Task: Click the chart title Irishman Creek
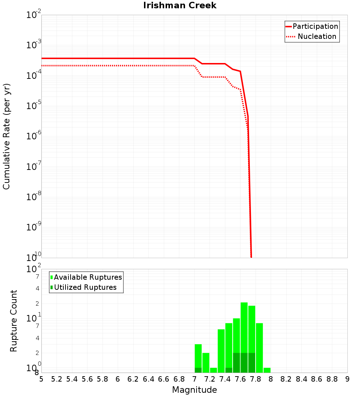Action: pos(180,5)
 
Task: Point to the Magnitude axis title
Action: pos(194,390)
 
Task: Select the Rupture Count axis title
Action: pos(14,321)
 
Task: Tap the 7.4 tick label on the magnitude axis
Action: pos(225,379)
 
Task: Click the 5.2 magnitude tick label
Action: pos(57,379)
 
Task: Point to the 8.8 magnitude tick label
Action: pos(332,379)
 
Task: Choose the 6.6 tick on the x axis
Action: pos(164,379)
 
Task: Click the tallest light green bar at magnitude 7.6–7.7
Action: pos(244,328)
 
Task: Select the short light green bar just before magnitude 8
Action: pos(267,370)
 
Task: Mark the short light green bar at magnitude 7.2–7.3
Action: pos(213,370)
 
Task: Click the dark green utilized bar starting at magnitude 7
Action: pos(198,370)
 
